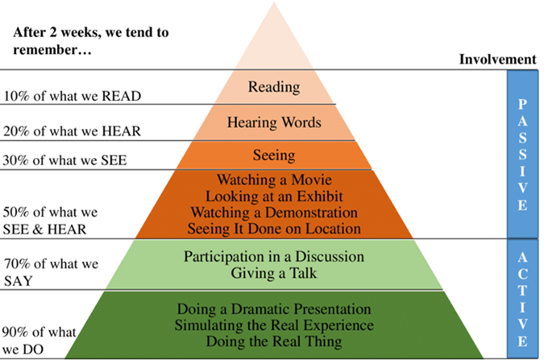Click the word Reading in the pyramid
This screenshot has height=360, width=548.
[x=274, y=87]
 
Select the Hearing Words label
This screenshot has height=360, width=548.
[x=274, y=123]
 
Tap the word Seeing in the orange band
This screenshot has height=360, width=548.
[x=274, y=155]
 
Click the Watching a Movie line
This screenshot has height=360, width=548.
[x=274, y=180]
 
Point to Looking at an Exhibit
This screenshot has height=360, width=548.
[x=274, y=196]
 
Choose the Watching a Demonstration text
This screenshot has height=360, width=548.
[x=274, y=213]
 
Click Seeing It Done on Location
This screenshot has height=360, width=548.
[x=274, y=229]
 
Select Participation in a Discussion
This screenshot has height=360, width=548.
[x=274, y=257]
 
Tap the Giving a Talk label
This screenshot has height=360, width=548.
[x=274, y=273]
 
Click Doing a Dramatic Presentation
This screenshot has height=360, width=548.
[x=274, y=309]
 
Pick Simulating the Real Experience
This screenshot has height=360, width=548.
[x=274, y=325]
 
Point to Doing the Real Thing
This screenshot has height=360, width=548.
[x=274, y=341]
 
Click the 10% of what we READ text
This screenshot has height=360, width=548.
[x=72, y=96]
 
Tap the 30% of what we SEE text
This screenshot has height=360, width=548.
[x=65, y=159]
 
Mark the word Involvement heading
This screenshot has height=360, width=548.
[x=497, y=59]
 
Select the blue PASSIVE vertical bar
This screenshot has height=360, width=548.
[x=521, y=153]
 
